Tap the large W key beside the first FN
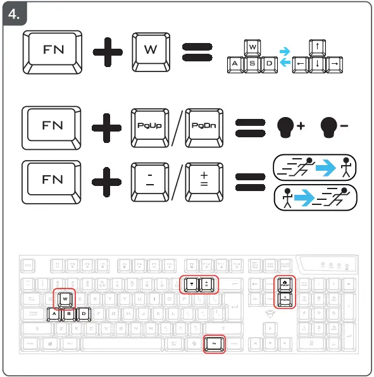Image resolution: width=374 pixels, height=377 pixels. point(150,50)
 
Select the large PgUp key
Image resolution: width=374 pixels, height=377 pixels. point(150,125)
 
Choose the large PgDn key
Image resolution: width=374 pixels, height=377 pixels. point(204,125)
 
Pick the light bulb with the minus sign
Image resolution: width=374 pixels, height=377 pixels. point(328,126)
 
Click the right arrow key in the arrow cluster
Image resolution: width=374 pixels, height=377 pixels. point(335,65)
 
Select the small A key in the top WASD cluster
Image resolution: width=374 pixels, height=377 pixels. point(235,65)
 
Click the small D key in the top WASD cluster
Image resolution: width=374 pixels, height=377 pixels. point(269,65)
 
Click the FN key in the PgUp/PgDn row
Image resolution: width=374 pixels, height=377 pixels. point(52,125)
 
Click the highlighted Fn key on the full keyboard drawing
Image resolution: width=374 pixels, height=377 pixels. point(215,344)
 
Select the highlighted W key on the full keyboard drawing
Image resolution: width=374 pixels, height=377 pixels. point(65,297)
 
